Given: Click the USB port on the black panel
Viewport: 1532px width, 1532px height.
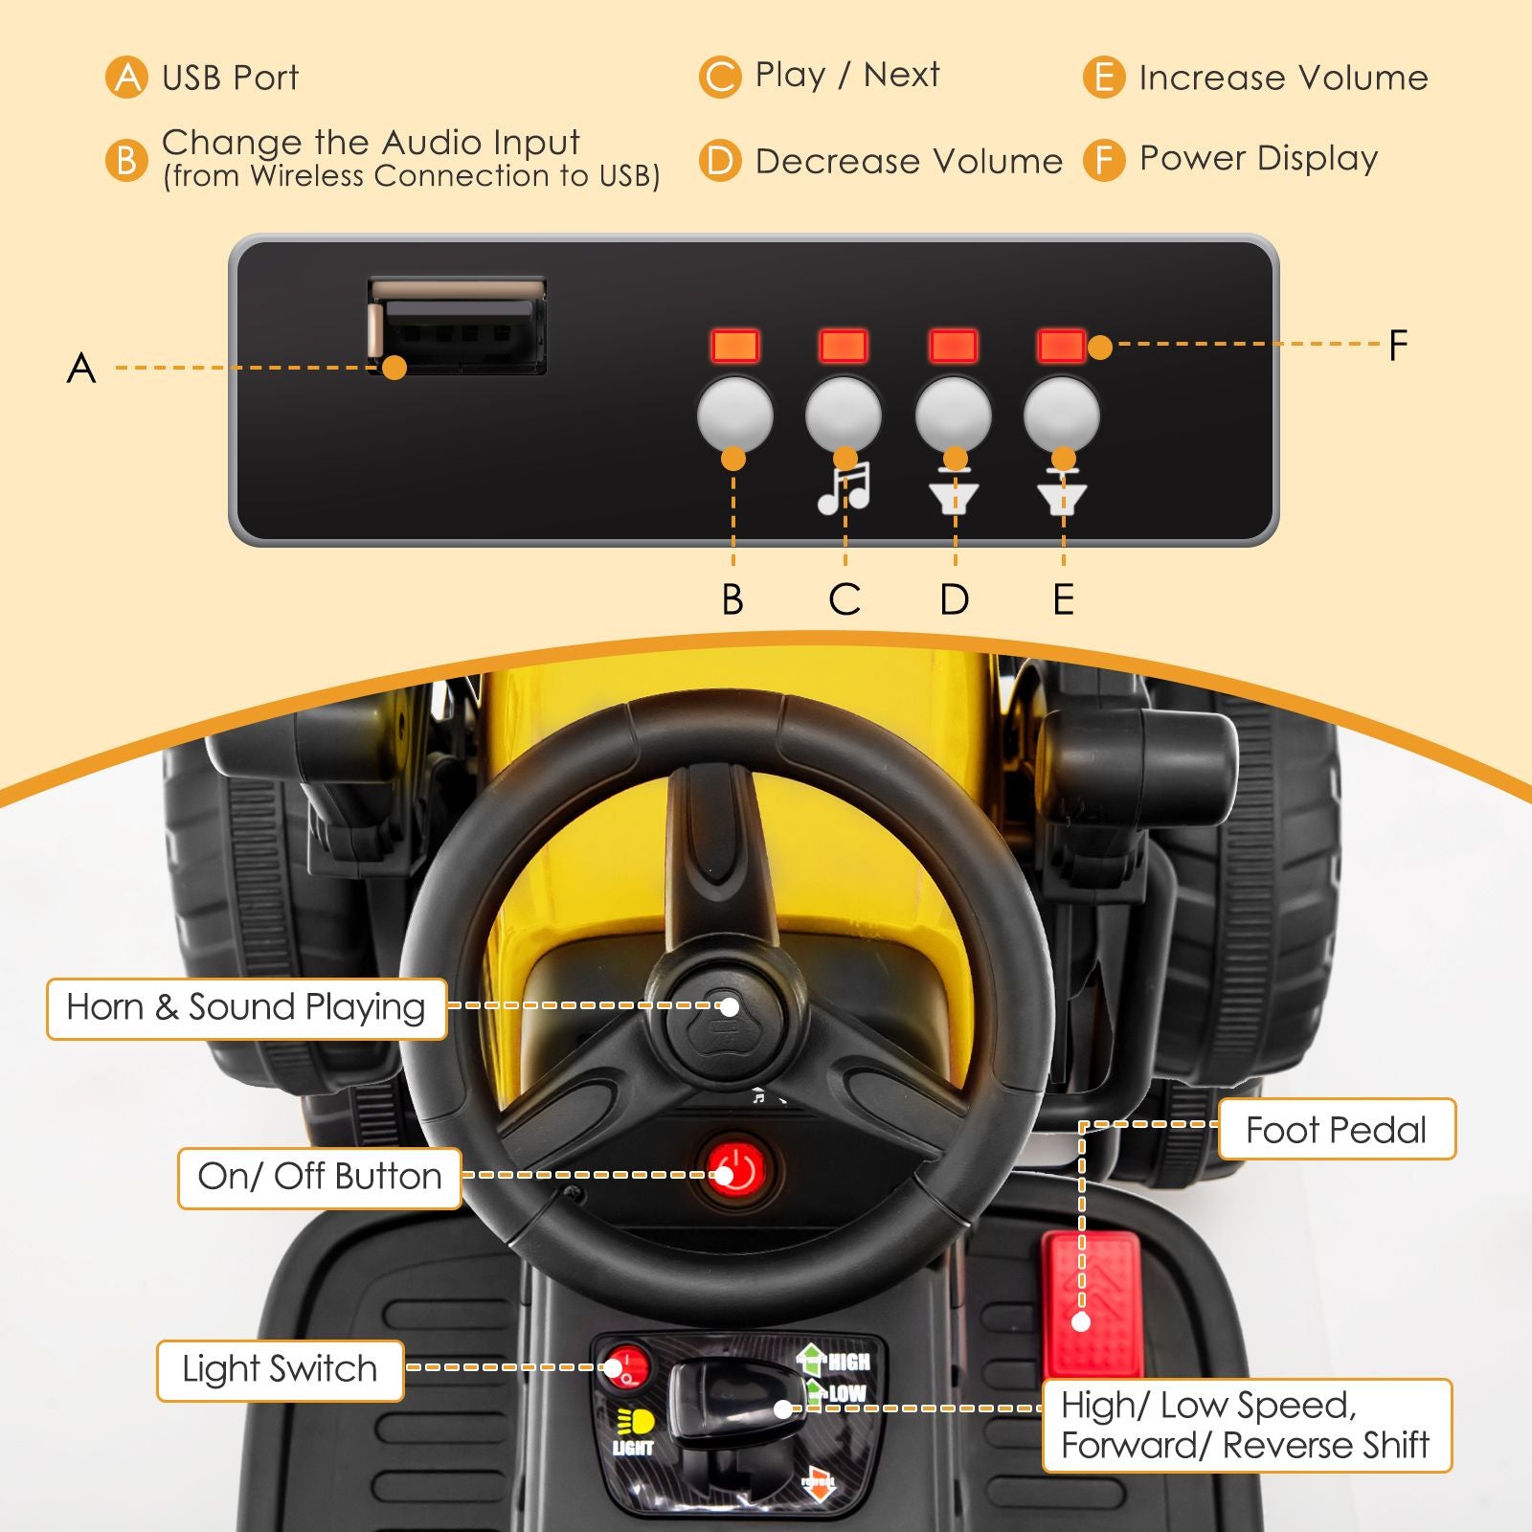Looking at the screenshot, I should point(458,327).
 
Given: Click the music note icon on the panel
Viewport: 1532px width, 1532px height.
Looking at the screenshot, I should point(844,488).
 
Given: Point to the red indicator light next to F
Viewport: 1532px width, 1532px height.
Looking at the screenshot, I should point(1061,346).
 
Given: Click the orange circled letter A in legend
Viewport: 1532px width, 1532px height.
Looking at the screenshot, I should point(126,78).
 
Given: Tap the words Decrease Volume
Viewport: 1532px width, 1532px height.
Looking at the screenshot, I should point(908,161).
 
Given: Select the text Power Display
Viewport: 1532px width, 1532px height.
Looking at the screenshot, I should point(1258,158).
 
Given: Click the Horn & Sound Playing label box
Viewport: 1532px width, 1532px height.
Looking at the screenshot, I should point(246,1008).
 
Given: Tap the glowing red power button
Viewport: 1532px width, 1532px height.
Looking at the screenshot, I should point(735,1171).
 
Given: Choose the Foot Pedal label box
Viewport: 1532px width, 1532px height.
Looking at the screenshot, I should point(1336,1130).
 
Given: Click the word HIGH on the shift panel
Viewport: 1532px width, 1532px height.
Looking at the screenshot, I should point(848,1362).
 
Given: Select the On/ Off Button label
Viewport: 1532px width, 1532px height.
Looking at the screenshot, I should point(319,1177).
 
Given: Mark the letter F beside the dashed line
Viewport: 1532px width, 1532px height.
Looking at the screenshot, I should point(1398,346).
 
